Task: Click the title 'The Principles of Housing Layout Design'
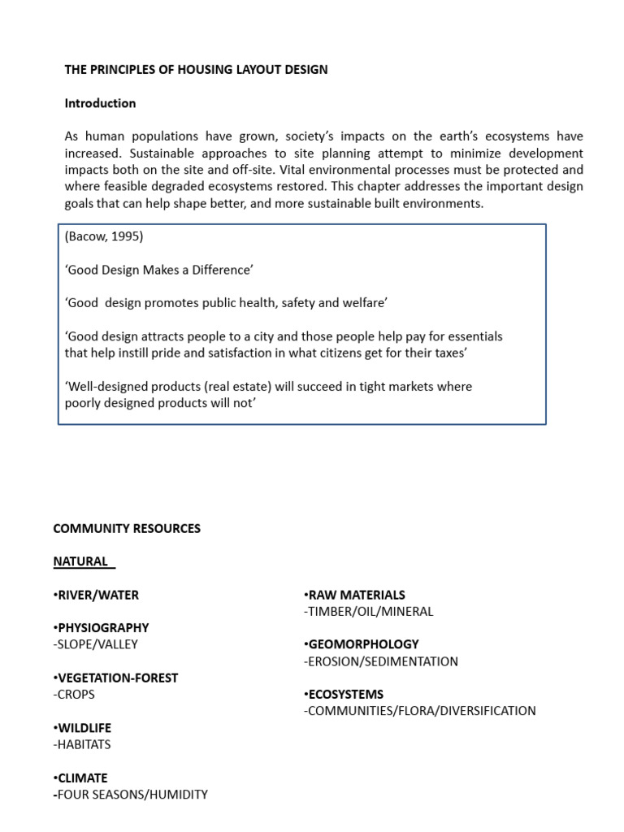(196, 70)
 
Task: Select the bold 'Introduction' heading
(100, 103)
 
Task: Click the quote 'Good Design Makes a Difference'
(160, 270)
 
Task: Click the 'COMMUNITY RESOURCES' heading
(127, 528)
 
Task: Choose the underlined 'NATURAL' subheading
(81, 561)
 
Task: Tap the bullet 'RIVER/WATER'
(97, 595)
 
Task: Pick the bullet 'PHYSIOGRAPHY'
(102, 628)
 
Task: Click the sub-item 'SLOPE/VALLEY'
(96, 644)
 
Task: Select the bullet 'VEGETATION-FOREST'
(115, 678)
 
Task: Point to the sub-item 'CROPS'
(74, 695)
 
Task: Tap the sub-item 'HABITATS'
(82, 744)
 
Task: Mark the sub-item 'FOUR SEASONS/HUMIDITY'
(132, 795)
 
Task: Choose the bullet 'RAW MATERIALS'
(354, 595)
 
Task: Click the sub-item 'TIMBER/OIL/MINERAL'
(369, 611)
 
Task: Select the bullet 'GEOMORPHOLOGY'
(362, 644)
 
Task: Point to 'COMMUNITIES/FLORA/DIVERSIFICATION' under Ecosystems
(420, 711)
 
